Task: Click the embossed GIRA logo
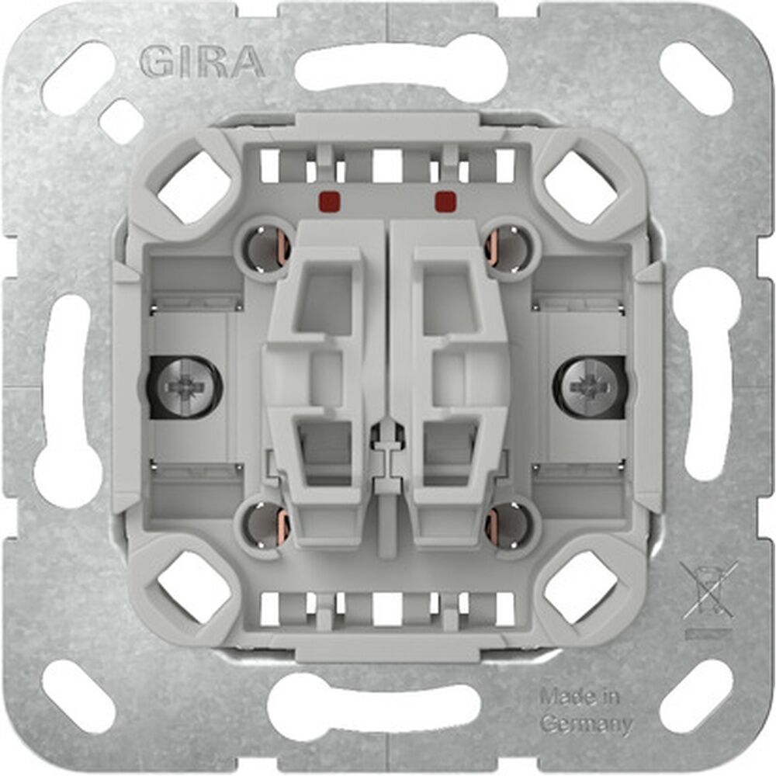(x=203, y=62)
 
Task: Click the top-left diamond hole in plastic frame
(x=194, y=186)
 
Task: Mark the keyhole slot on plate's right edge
(x=710, y=372)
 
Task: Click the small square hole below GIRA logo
(x=120, y=121)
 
